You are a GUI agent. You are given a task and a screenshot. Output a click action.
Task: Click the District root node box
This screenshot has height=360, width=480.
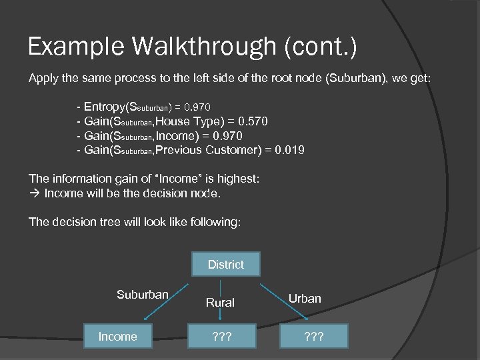click(225, 265)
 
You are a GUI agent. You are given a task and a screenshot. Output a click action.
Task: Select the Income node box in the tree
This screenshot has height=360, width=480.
click(118, 336)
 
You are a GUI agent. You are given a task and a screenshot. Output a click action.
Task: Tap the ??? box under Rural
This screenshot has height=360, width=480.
click(220, 336)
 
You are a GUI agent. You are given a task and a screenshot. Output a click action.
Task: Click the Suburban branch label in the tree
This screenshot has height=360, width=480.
click(142, 295)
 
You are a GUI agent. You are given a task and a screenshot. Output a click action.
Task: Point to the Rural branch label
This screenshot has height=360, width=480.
click(220, 302)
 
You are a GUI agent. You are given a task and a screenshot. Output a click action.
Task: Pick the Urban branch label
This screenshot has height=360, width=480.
click(305, 298)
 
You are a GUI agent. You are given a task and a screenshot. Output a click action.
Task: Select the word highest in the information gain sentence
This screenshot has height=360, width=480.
click(239, 179)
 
